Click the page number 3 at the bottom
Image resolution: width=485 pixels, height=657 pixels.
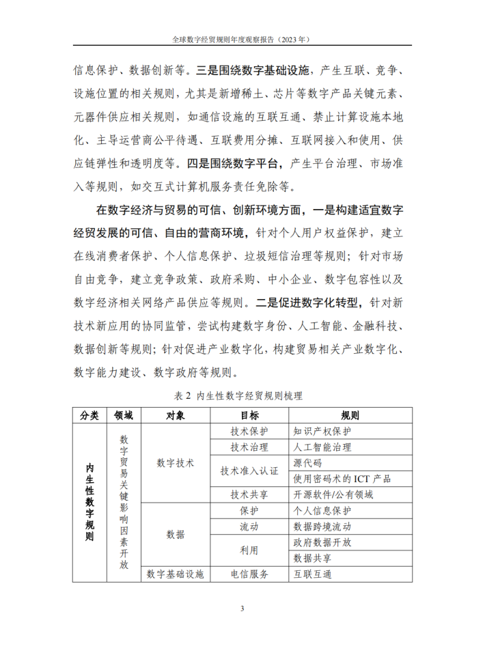(242, 609)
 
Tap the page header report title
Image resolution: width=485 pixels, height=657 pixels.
(242, 40)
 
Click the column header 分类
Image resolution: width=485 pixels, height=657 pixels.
(89, 415)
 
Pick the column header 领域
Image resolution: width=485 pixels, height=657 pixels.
(124, 415)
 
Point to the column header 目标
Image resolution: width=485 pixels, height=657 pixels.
(249, 415)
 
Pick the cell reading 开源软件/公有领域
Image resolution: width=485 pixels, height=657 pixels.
(333, 495)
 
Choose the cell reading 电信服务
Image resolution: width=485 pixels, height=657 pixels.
(249, 574)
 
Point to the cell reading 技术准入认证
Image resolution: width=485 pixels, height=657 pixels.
(249, 471)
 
